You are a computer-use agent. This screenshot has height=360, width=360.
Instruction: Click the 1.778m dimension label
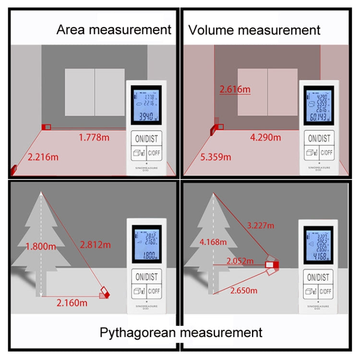(97, 138)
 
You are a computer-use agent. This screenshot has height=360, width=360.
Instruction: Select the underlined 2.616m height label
(235, 89)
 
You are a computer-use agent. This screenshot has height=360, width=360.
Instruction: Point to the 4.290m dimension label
(265, 138)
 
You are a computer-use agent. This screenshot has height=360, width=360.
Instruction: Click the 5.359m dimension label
(216, 157)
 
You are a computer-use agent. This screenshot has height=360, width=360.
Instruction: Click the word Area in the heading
(72, 30)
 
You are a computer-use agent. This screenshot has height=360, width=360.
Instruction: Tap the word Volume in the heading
(212, 30)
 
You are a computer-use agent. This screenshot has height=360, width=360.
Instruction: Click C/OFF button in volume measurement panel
(327, 153)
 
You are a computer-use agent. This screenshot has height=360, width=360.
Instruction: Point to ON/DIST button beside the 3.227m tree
(318, 277)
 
